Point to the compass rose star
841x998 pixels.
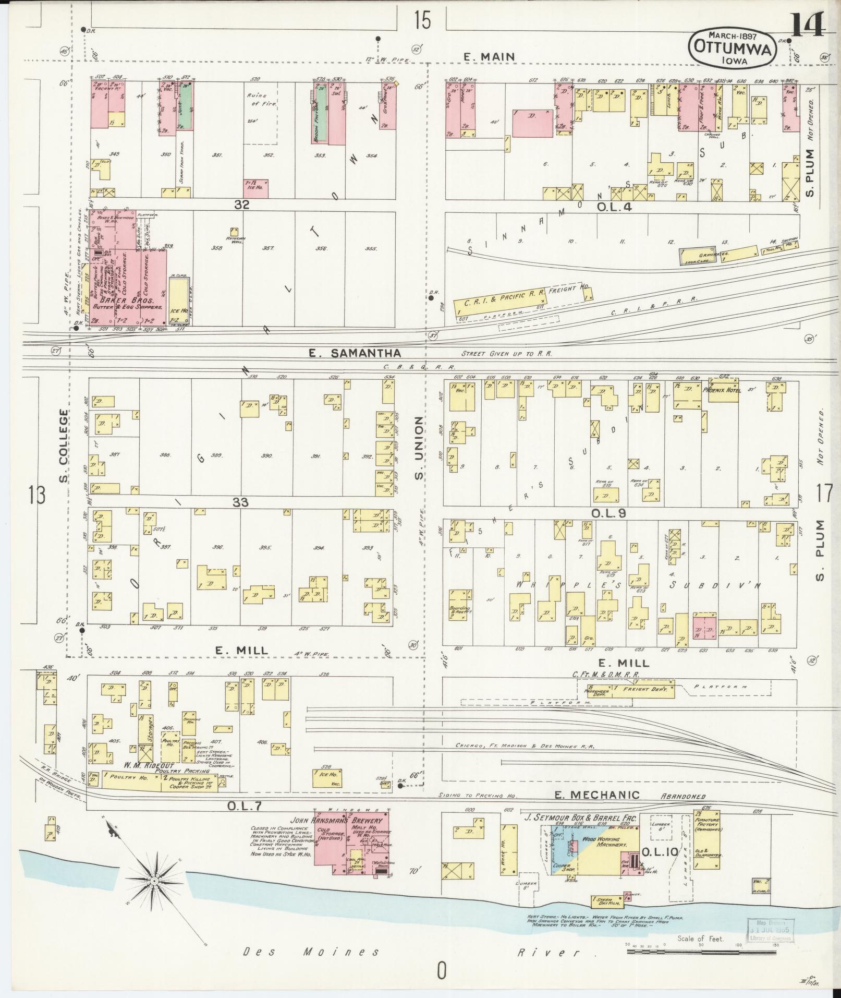[155, 880]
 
